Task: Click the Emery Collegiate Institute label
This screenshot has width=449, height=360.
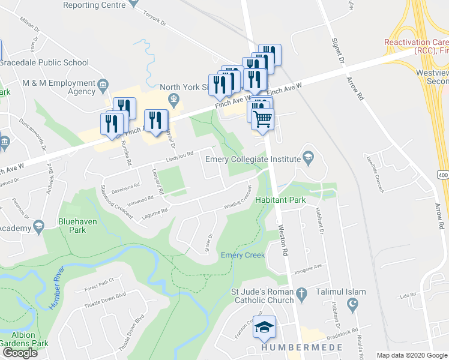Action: [253, 159]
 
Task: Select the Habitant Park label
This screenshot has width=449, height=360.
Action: [280, 200]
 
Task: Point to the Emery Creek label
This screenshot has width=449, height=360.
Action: [243, 255]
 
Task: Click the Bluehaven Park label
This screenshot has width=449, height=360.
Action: [77, 224]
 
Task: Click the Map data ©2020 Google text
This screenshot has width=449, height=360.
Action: [412, 355]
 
